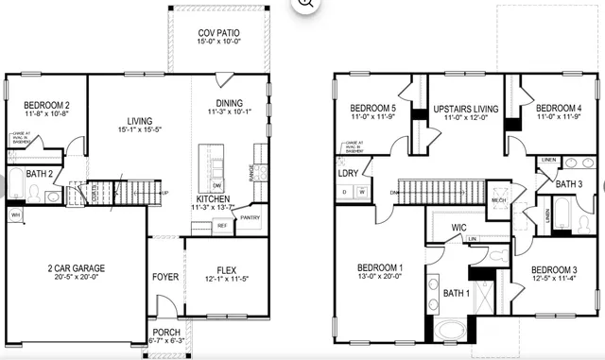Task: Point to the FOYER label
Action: [164, 278]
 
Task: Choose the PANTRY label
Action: [250, 217]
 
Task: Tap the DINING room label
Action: [229, 103]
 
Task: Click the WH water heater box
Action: [14, 215]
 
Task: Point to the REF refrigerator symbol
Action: [222, 226]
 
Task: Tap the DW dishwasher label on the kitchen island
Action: [216, 184]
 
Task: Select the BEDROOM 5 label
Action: [371, 108]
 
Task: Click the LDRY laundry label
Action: [348, 173]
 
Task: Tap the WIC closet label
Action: [459, 228]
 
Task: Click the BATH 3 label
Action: [568, 182]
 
